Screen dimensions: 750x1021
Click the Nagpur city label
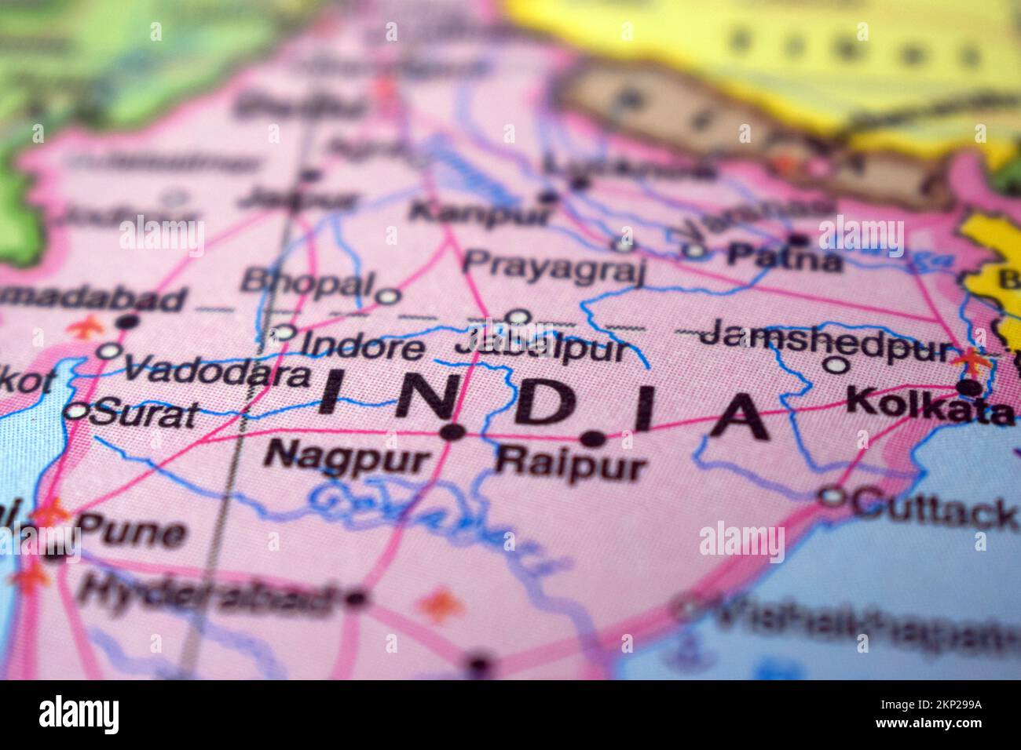(348, 457)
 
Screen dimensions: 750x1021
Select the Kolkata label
(931, 406)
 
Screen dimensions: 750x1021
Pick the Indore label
(363, 346)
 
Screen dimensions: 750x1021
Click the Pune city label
(133, 533)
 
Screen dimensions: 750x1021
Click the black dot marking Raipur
(593, 439)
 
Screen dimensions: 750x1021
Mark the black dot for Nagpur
(451, 431)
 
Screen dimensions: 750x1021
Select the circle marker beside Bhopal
(387, 297)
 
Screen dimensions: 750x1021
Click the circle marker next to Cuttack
(831, 496)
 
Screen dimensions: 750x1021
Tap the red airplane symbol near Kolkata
(972, 362)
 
